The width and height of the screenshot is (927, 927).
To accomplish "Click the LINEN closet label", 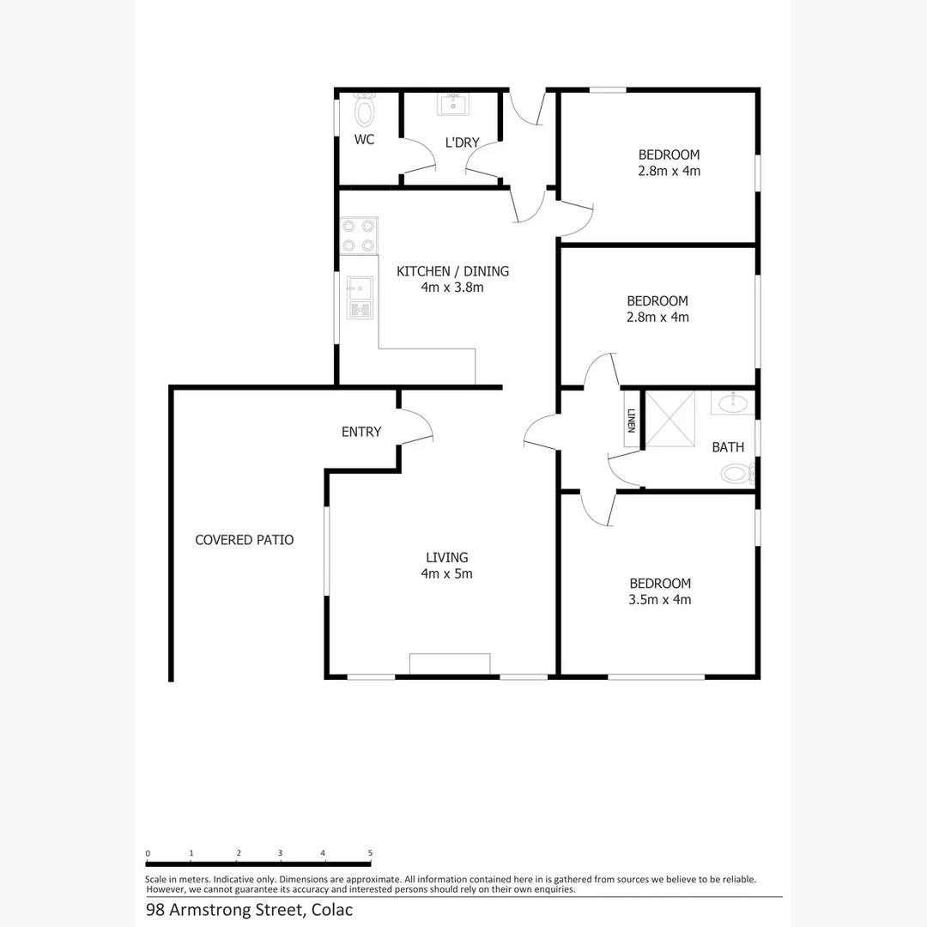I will (x=631, y=421).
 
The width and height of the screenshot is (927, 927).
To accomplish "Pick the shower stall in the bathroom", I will (x=669, y=419).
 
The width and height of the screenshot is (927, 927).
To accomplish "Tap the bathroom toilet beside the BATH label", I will (x=735, y=473).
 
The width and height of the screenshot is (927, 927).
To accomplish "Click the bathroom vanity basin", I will (x=730, y=403).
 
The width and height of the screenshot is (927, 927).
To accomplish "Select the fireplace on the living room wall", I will (x=450, y=664).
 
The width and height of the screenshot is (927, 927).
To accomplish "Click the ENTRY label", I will (x=361, y=432).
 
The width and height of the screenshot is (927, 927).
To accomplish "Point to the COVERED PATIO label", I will (x=245, y=540).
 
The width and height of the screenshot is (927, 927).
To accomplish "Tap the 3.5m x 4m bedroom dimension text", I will (x=659, y=600).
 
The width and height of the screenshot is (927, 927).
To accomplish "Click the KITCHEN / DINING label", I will (x=452, y=271).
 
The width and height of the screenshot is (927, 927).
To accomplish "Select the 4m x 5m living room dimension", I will (x=447, y=573).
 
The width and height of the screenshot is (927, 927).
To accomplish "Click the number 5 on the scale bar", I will (x=370, y=853).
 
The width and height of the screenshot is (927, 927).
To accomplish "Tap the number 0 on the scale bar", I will (x=148, y=853).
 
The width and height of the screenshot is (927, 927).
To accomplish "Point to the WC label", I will (x=365, y=139).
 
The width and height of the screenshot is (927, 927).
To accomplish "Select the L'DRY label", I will (x=462, y=142).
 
